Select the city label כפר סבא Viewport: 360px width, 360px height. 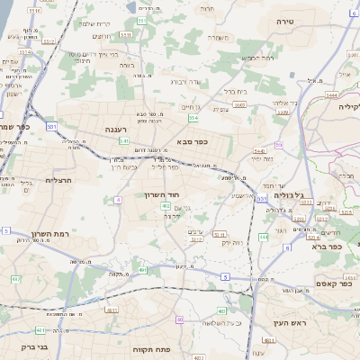[x=194, y=141]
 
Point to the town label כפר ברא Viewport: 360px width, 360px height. [x=326, y=246]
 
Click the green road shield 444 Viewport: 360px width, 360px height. [x=263, y=237]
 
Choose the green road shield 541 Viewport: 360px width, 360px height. [x=123, y=141]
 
